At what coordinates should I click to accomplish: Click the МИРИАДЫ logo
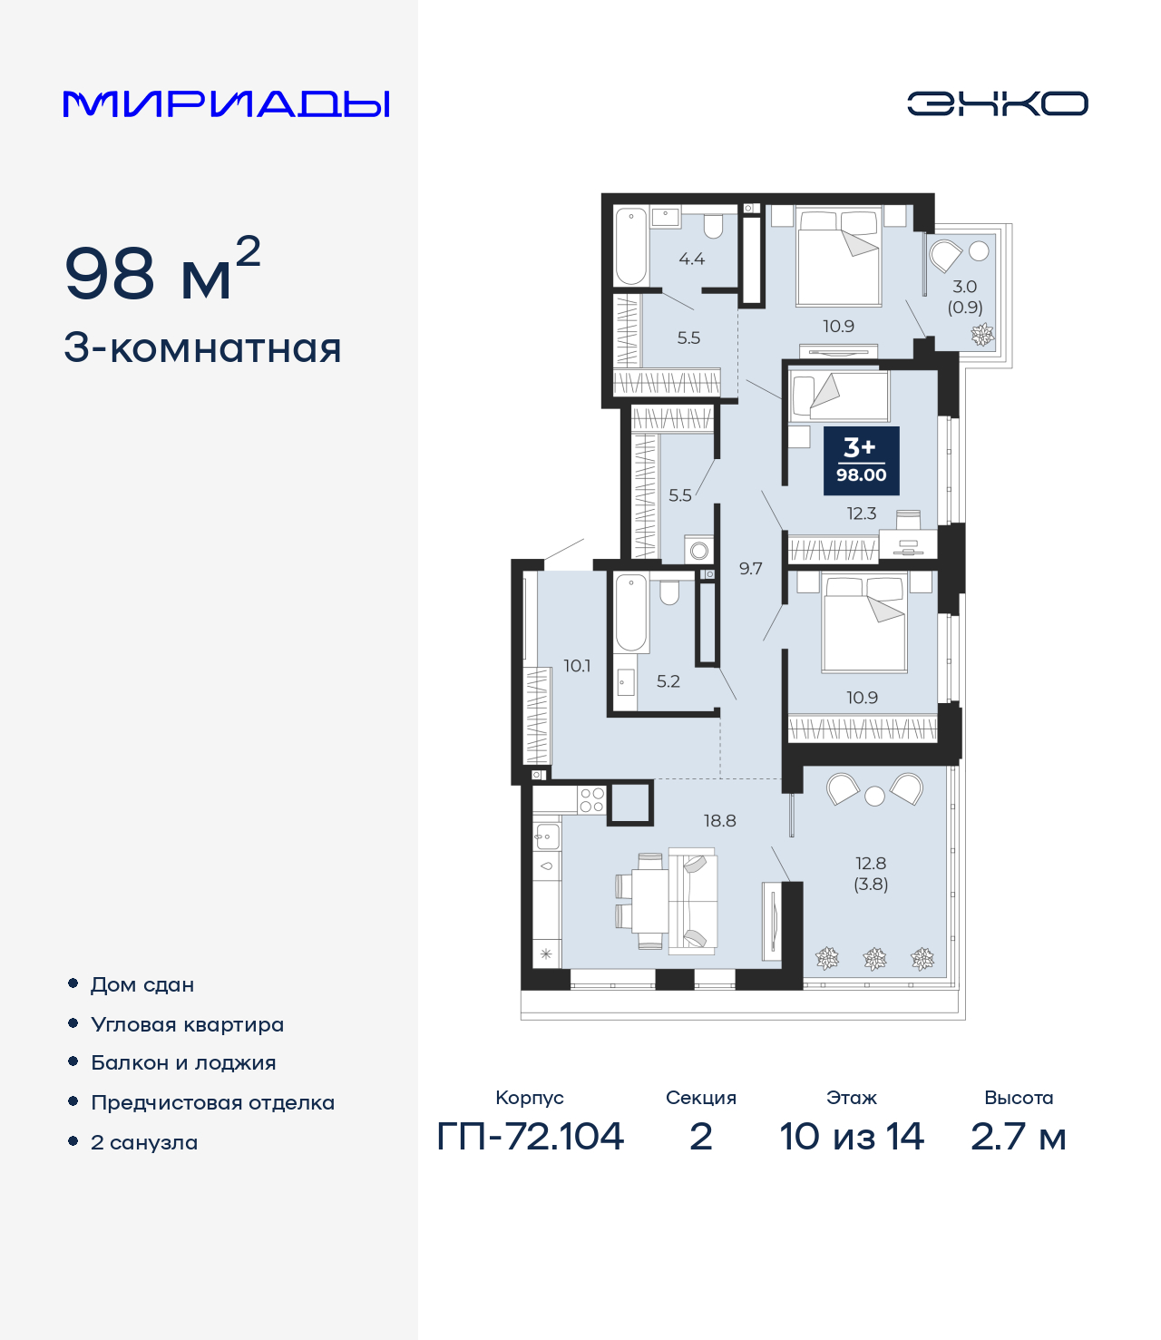(x=226, y=103)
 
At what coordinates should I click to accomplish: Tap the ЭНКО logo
(x=997, y=103)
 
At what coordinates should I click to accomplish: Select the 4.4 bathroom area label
(x=692, y=259)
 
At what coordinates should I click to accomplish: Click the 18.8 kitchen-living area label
(x=719, y=821)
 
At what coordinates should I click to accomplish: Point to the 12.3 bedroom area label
(x=862, y=514)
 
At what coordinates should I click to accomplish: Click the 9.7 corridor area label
(x=750, y=569)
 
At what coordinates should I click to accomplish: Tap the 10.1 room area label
(x=577, y=666)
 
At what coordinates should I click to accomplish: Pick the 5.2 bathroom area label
(x=668, y=681)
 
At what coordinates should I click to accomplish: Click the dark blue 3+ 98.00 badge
(x=861, y=461)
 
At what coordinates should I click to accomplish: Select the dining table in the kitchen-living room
(x=649, y=901)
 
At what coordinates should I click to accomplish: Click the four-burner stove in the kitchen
(x=591, y=799)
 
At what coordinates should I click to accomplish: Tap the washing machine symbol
(x=698, y=551)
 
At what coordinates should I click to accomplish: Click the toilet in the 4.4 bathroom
(x=713, y=225)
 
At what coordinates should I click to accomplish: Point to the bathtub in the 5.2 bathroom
(x=630, y=612)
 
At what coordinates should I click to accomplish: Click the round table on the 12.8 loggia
(x=874, y=796)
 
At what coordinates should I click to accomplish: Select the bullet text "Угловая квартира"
(x=188, y=1024)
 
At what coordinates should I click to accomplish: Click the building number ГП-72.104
(x=530, y=1137)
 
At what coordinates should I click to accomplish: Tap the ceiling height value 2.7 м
(x=1018, y=1137)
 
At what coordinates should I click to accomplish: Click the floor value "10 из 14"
(x=851, y=1137)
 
